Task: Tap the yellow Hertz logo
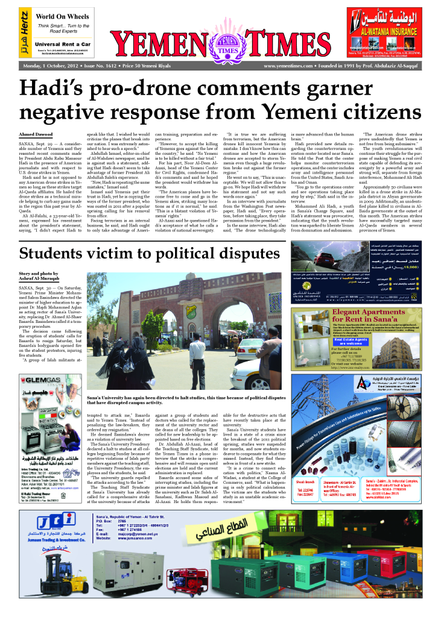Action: [23, 34]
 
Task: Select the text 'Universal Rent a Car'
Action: [62, 44]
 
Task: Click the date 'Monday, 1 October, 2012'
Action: [52, 66]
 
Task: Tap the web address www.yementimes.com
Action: [288, 66]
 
